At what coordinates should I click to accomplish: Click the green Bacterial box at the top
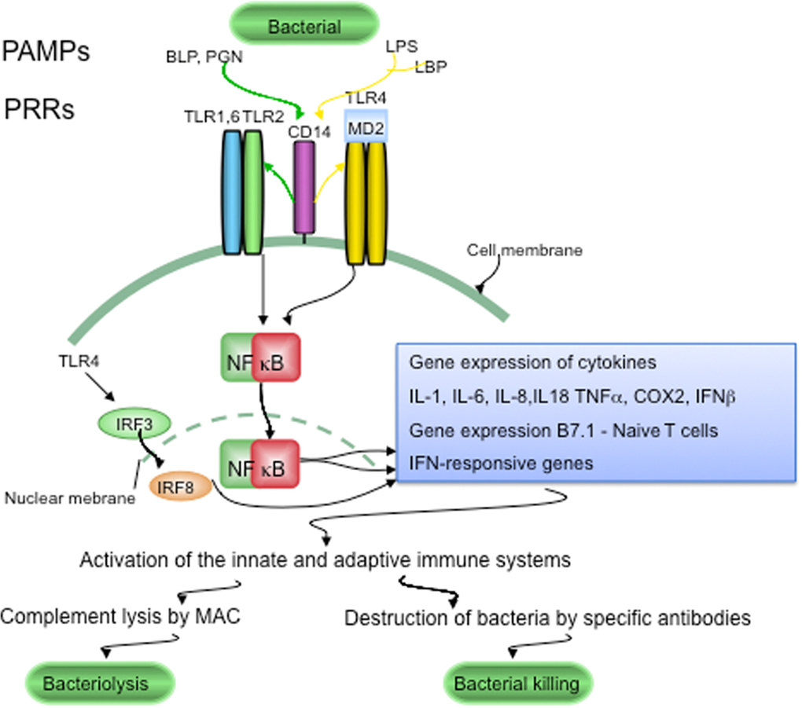(x=305, y=27)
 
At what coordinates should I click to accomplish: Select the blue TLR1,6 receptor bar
(x=231, y=192)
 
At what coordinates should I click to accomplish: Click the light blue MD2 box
(x=366, y=127)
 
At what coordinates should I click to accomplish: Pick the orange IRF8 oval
(x=182, y=486)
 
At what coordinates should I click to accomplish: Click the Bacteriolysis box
(x=95, y=682)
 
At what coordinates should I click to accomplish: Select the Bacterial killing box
(x=517, y=682)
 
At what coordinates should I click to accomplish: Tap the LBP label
(x=431, y=68)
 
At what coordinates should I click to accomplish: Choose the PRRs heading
(x=39, y=109)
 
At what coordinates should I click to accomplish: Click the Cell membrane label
(x=525, y=251)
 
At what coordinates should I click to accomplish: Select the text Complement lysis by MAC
(x=120, y=618)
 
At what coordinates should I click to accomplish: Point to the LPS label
(x=402, y=46)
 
